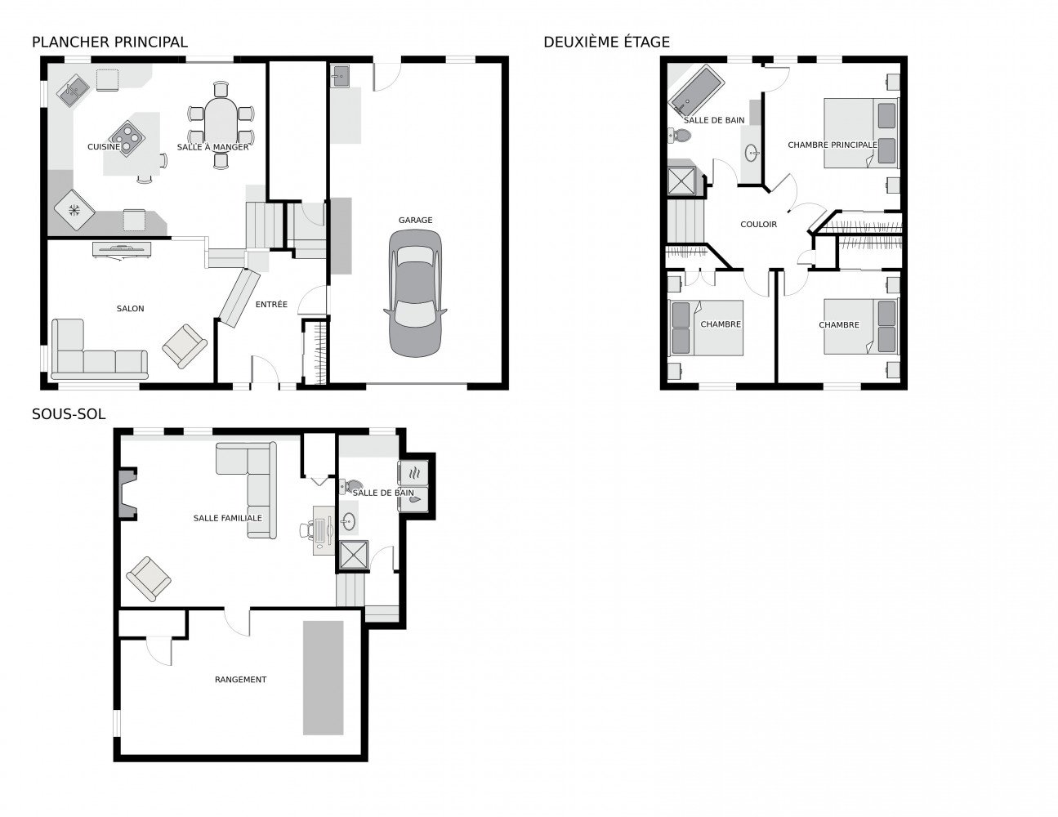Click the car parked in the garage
tap(414, 292)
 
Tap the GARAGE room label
tap(415, 220)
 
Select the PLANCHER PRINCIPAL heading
tap(109, 42)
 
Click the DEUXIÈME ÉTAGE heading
tap(606, 42)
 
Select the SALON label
tap(130, 308)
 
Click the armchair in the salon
tap(185, 346)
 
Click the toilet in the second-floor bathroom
tap(678, 136)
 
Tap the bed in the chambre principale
tap(860, 132)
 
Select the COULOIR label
tap(758, 224)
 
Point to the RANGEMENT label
tap(240, 679)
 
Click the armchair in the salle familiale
tap(150, 578)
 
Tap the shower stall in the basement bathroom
tap(354, 555)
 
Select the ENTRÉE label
tap(271, 305)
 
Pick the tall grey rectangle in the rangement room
tap(324, 677)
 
